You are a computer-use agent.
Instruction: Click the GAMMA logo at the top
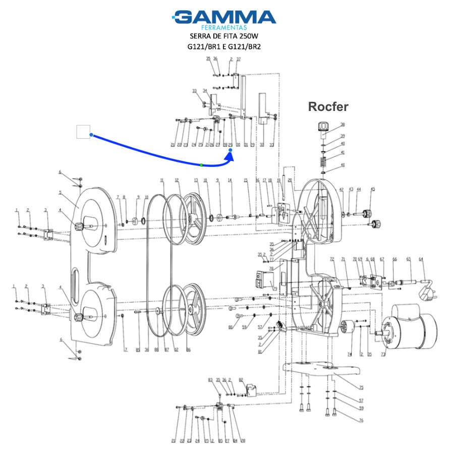pyautogui.click(x=225, y=18)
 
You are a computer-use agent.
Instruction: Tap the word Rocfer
pyautogui.click(x=328, y=106)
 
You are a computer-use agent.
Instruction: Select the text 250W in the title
pyautogui.click(x=251, y=37)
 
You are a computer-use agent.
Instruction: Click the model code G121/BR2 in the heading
pyautogui.click(x=245, y=47)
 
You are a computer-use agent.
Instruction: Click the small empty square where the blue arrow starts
pyautogui.click(x=83, y=132)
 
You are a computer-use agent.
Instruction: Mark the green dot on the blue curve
pyautogui.click(x=201, y=165)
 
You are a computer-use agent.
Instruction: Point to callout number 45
pyautogui.click(x=373, y=189)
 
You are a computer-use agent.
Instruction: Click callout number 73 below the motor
pyautogui.click(x=383, y=355)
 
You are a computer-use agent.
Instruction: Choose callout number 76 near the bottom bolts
pyautogui.click(x=361, y=420)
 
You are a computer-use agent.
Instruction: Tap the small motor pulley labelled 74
pyautogui.click(x=347, y=328)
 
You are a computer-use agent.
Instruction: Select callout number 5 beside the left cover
pyautogui.click(x=60, y=192)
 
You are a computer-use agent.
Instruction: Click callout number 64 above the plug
pyautogui.click(x=421, y=259)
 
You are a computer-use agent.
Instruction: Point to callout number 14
pyautogui.click(x=230, y=180)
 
